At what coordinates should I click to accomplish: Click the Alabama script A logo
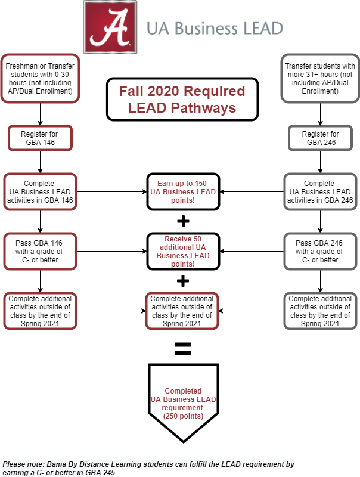[x=110, y=27]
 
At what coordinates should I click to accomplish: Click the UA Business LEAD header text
[x=215, y=29]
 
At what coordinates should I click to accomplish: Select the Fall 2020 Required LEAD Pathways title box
[x=182, y=100]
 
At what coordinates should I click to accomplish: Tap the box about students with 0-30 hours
[x=40, y=78]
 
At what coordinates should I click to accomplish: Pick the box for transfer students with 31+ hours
[x=320, y=78]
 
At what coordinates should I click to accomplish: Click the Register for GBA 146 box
[x=40, y=138]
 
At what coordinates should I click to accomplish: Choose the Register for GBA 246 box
[x=320, y=138]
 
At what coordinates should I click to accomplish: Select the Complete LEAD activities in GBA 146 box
[x=40, y=192]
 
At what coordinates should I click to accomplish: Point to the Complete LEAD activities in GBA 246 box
[x=320, y=192]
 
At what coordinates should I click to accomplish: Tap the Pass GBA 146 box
[x=40, y=251]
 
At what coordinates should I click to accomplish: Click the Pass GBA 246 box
[x=320, y=251]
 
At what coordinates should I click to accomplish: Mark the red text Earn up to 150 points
[x=182, y=192]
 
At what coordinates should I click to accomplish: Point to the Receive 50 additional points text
[x=182, y=251]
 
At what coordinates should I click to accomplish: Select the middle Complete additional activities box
[x=182, y=311]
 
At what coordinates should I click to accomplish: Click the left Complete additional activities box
[x=40, y=311]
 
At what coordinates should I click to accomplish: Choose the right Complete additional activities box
[x=320, y=311]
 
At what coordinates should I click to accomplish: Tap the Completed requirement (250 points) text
[x=182, y=403]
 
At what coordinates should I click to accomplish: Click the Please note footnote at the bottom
[x=148, y=468]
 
